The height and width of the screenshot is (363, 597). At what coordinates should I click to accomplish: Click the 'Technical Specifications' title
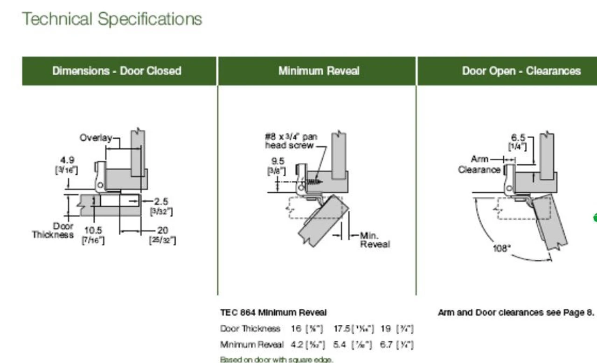click(112, 19)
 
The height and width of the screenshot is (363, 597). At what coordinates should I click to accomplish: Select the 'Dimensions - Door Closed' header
click(117, 71)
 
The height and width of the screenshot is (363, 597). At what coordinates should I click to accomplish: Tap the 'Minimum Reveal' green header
click(319, 71)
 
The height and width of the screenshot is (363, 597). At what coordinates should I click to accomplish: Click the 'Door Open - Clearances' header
click(521, 71)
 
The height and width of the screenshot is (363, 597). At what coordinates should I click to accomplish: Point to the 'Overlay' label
click(96, 138)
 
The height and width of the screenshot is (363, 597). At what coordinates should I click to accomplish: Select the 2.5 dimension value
click(161, 202)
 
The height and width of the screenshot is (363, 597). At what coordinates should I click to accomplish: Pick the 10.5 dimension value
click(93, 230)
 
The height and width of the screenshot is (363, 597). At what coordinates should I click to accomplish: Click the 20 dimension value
click(163, 230)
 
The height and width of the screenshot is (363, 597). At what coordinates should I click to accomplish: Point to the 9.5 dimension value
click(278, 161)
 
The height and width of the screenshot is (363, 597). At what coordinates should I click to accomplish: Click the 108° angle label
click(502, 248)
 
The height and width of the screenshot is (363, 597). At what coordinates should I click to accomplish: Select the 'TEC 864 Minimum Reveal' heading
click(273, 313)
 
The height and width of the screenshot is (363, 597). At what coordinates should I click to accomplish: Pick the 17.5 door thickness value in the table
click(341, 329)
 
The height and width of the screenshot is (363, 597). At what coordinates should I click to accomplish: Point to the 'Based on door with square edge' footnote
click(277, 359)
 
